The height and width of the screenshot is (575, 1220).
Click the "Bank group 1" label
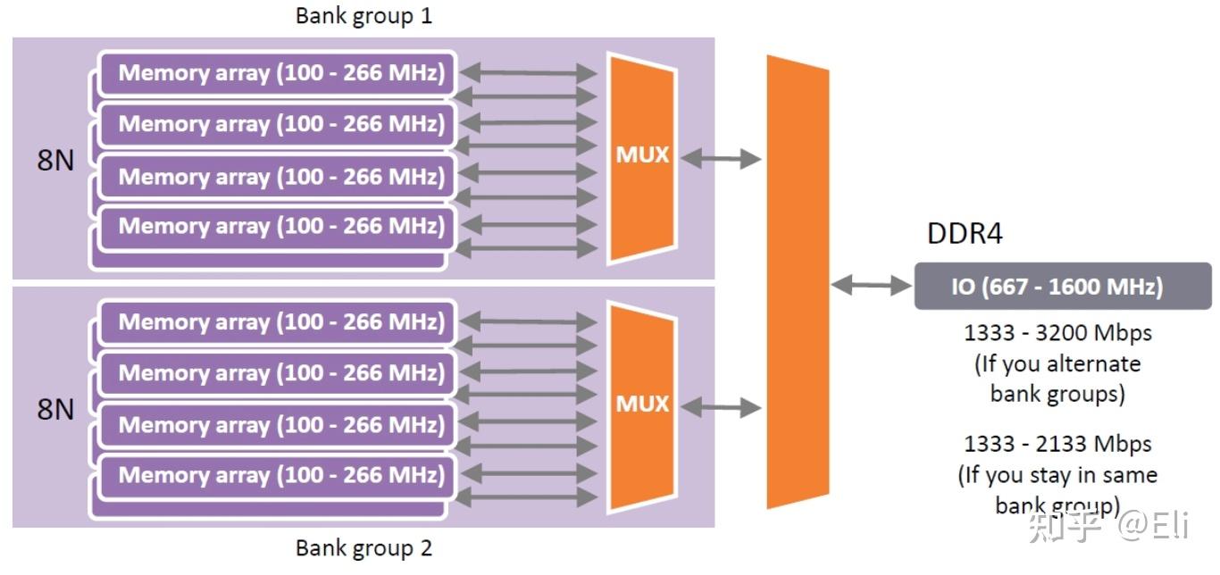363,16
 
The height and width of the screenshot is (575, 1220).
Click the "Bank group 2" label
363,547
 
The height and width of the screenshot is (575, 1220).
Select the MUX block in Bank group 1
641,157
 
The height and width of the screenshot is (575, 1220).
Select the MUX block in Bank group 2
641,405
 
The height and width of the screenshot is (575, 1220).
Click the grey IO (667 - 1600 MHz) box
1062,287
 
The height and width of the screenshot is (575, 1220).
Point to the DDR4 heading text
965,234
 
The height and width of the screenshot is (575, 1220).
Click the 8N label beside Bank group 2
54,410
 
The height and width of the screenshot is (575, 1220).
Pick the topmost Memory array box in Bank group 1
280,73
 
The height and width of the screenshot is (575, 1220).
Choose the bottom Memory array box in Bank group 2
280,475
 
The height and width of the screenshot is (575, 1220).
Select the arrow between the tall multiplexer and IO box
871,286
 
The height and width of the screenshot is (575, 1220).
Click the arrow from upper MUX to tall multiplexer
721,159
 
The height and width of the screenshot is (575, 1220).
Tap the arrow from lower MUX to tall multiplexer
721,408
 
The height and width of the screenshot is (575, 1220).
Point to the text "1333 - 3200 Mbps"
1057,333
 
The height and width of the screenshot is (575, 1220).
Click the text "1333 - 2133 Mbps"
1057,444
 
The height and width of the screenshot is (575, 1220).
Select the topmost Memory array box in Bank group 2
280,322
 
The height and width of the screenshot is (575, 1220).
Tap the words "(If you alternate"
1057,364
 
